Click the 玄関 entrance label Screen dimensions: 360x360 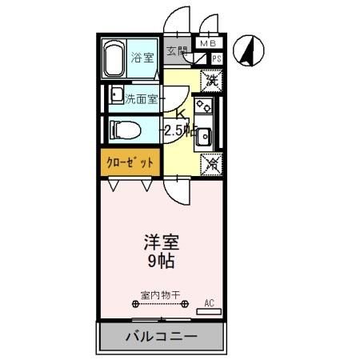[x=177, y=51]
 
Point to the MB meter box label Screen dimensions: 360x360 [x=207, y=44]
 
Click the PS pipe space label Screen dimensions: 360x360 [x=216, y=58]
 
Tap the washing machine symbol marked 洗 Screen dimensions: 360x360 [x=210, y=79]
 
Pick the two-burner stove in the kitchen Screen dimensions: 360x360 [x=205, y=105]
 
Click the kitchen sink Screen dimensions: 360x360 [x=204, y=136]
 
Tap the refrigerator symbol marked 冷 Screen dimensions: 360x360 [x=210, y=163]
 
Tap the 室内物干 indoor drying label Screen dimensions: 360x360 [x=158, y=294]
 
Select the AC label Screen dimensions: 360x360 [x=210, y=302]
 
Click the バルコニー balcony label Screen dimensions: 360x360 [x=160, y=337]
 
